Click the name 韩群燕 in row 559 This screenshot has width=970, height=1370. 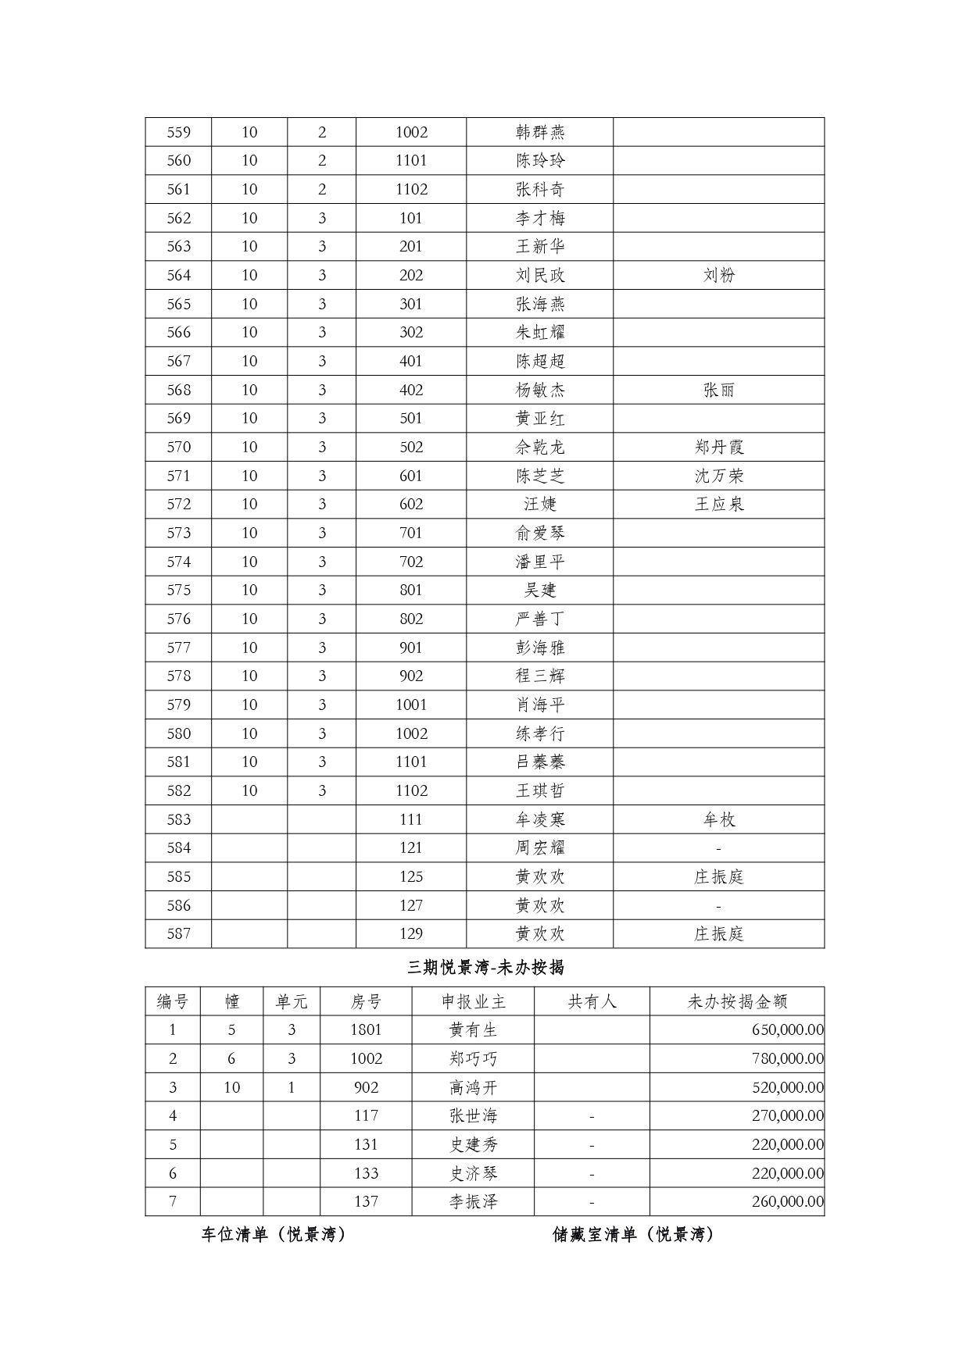click(539, 132)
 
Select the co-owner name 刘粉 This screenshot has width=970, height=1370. click(718, 275)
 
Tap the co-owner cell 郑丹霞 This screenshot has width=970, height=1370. click(718, 447)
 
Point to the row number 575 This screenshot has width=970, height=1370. click(178, 590)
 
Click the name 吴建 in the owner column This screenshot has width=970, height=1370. click(539, 590)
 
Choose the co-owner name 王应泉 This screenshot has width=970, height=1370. click(718, 504)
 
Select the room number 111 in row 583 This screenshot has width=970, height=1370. click(410, 819)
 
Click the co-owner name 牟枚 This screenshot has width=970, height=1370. click(718, 819)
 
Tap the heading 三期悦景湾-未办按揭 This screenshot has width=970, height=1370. click(485, 968)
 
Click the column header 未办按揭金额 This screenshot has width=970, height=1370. click(736, 1001)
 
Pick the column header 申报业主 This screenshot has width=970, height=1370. click(473, 1001)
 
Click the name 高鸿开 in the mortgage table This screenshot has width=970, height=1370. click(473, 1087)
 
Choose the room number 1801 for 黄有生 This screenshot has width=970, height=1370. click(366, 1029)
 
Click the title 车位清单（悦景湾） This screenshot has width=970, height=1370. click(274, 1235)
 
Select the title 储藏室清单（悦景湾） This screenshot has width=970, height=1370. click(633, 1235)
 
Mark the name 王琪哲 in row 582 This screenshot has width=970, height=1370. click(539, 790)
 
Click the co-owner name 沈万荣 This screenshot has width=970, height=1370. click(718, 476)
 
